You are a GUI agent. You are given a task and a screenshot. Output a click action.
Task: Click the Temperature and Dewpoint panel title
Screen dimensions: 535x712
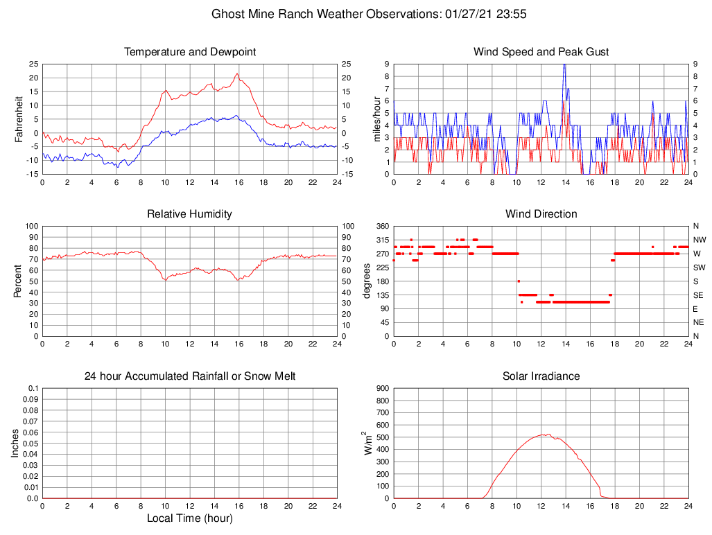(x=190, y=52)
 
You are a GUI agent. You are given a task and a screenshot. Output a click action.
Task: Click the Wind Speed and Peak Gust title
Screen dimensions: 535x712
(x=541, y=52)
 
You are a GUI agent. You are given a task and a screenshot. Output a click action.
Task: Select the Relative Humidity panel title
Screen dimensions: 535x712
(x=190, y=214)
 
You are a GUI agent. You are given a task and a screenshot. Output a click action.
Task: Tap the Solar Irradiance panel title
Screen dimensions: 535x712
(x=541, y=376)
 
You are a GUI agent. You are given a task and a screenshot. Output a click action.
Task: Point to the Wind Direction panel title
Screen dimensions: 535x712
(x=541, y=214)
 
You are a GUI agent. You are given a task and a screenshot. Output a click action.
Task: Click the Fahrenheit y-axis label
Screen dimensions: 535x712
(x=19, y=119)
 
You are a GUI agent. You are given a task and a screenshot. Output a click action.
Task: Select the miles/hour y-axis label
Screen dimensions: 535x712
(x=378, y=119)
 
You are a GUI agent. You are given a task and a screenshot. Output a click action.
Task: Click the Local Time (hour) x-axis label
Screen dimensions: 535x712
(x=190, y=518)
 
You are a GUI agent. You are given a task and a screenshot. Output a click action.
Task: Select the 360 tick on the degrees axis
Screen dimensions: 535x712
(x=381, y=227)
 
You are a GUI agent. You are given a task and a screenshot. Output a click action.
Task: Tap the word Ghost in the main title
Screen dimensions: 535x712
(x=227, y=14)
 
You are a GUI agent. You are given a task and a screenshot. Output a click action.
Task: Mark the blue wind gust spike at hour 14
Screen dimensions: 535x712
(x=564, y=64)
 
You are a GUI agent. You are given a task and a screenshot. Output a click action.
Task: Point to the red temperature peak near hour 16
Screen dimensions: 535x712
(x=237, y=74)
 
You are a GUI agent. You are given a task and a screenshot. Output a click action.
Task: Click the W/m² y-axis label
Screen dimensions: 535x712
(x=370, y=443)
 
